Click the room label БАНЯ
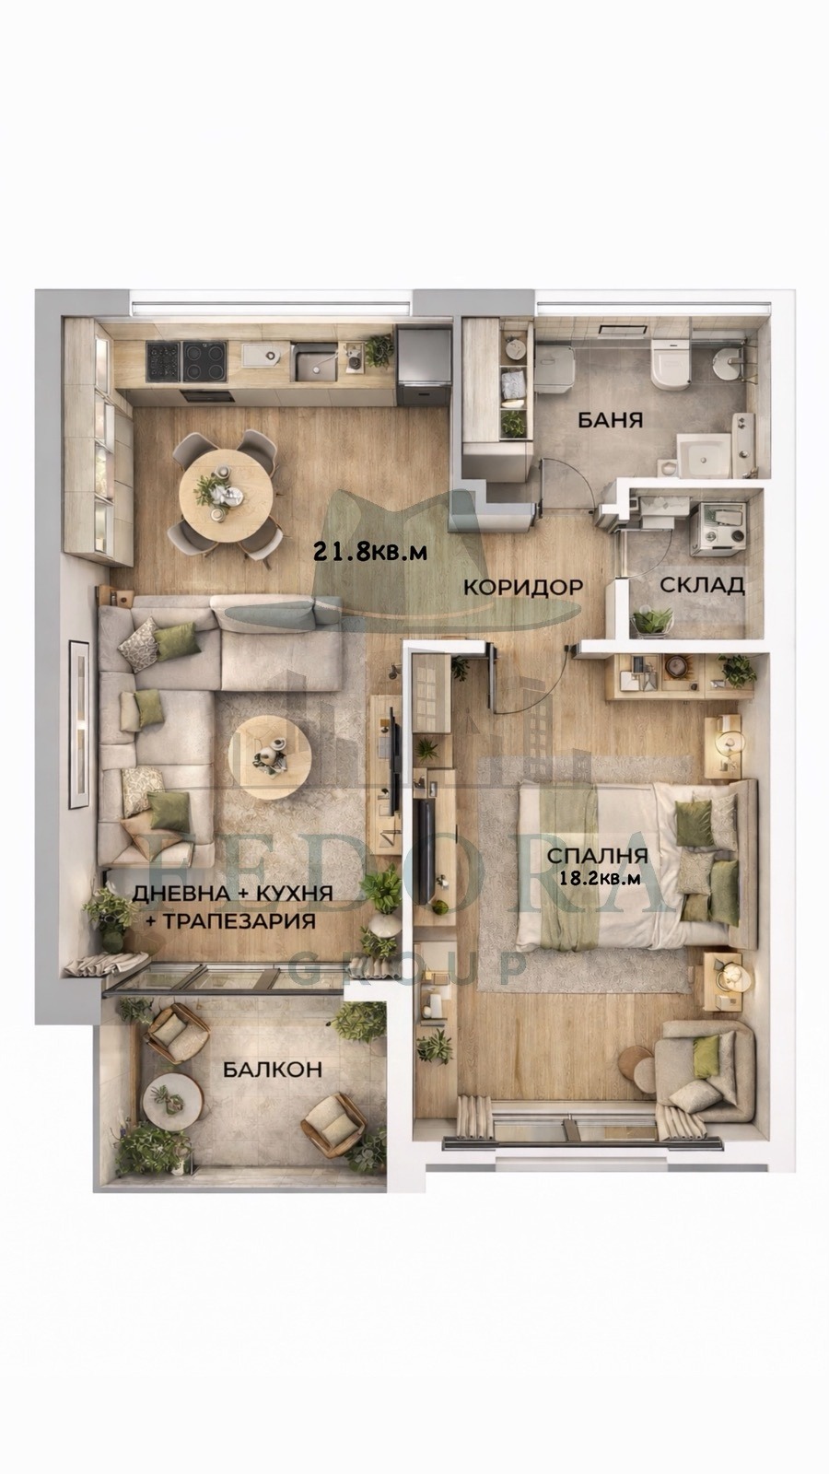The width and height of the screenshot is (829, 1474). pyautogui.click(x=610, y=420)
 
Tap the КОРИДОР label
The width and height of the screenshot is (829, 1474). pyautogui.click(x=522, y=587)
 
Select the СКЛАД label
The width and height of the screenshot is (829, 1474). pyautogui.click(x=702, y=585)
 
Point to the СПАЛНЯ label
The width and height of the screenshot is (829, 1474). pyautogui.click(x=597, y=855)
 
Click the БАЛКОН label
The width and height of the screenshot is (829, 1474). pyautogui.click(x=272, y=1070)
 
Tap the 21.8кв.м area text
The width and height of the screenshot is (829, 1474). pyautogui.click(x=370, y=551)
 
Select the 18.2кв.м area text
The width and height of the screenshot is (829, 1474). pyautogui.click(x=600, y=878)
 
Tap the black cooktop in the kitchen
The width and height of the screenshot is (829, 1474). pyautogui.click(x=186, y=361)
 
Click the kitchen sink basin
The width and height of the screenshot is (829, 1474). pyautogui.click(x=316, y=363)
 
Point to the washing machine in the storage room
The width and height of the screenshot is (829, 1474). pyautogui.click(x=717, y=527)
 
